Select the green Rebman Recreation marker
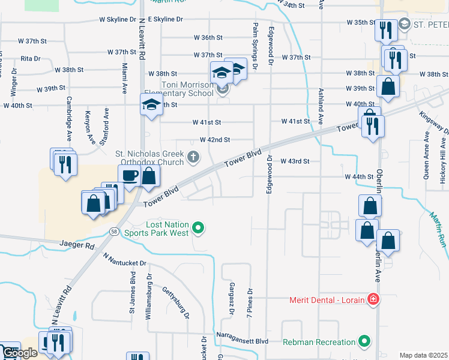tap(364, 342)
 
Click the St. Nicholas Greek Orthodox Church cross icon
tap(193, 157)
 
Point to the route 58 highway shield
tap(113, 231)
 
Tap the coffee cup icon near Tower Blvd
tap(130, 176)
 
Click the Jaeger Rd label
tap(77, 245)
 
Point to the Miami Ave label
tap(124, 77)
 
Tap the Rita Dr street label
tap(30, 59)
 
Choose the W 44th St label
tap(360, 177)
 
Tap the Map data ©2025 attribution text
tap(423, 355)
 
